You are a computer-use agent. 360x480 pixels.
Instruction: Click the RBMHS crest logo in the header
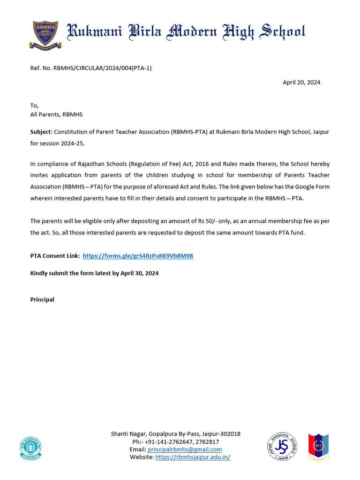click(45, 34)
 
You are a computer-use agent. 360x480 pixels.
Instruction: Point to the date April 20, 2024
click(301, 82)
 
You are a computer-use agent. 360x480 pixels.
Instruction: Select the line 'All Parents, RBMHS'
click(56, 114)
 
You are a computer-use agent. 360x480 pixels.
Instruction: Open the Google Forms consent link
click(138, 256)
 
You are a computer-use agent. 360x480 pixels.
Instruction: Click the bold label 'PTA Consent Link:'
click(55, 256)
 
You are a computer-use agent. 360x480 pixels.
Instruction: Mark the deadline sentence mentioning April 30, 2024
click(94, 273)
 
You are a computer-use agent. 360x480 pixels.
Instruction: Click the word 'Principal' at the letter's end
click(42, 300)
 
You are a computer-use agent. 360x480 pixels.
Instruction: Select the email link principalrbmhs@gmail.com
click(185, 450)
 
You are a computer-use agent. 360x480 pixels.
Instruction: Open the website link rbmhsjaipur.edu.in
click(193, 457)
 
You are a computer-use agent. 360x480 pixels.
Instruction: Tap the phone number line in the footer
click(175, 442)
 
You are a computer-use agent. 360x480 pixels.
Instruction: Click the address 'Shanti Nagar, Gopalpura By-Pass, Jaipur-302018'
click(175, 434)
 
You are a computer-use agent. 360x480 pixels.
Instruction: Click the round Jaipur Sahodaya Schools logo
click(282, 447)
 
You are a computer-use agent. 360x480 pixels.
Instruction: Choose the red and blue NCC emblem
click(318, 447)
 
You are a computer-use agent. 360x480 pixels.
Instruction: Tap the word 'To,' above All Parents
click(35, 105)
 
